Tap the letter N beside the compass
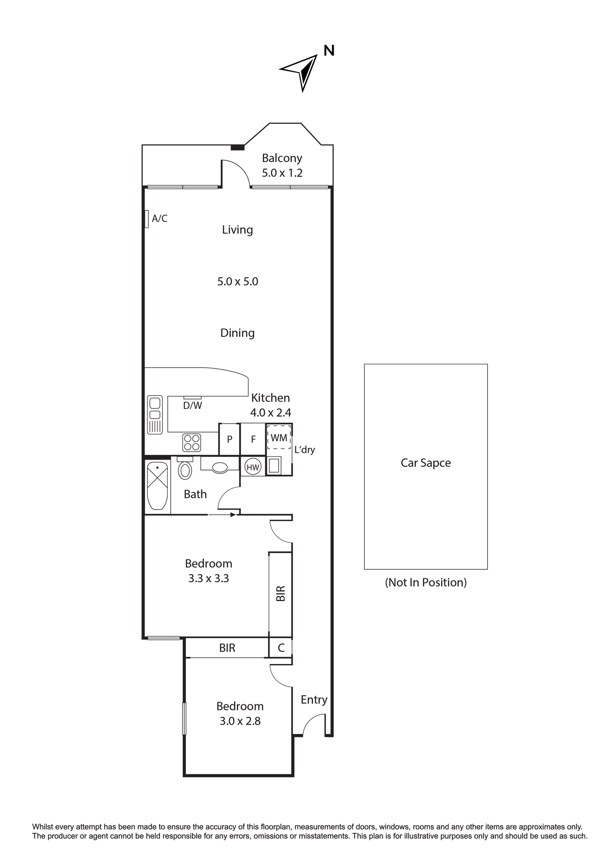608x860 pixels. point(329,51)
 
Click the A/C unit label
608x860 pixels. point(160,218)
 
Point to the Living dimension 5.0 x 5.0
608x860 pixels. point(237,282)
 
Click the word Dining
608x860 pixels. point(237,333)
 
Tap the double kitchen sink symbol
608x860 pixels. point(155,415)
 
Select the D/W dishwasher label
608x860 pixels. point(192,405)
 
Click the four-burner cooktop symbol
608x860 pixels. point(192,442)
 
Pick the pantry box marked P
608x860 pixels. point(229,439)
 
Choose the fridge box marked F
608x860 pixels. point(253,439)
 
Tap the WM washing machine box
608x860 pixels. point(279,437)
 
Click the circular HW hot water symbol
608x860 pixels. point(253,467)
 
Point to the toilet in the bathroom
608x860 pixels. point(185,468)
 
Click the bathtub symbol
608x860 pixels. point(157,485)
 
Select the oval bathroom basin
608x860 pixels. point(220,467)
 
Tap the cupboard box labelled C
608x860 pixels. point(281,648)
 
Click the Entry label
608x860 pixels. point(314,700)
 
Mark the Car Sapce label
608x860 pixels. point(426,463)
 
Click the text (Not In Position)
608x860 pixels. point(426,582)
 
